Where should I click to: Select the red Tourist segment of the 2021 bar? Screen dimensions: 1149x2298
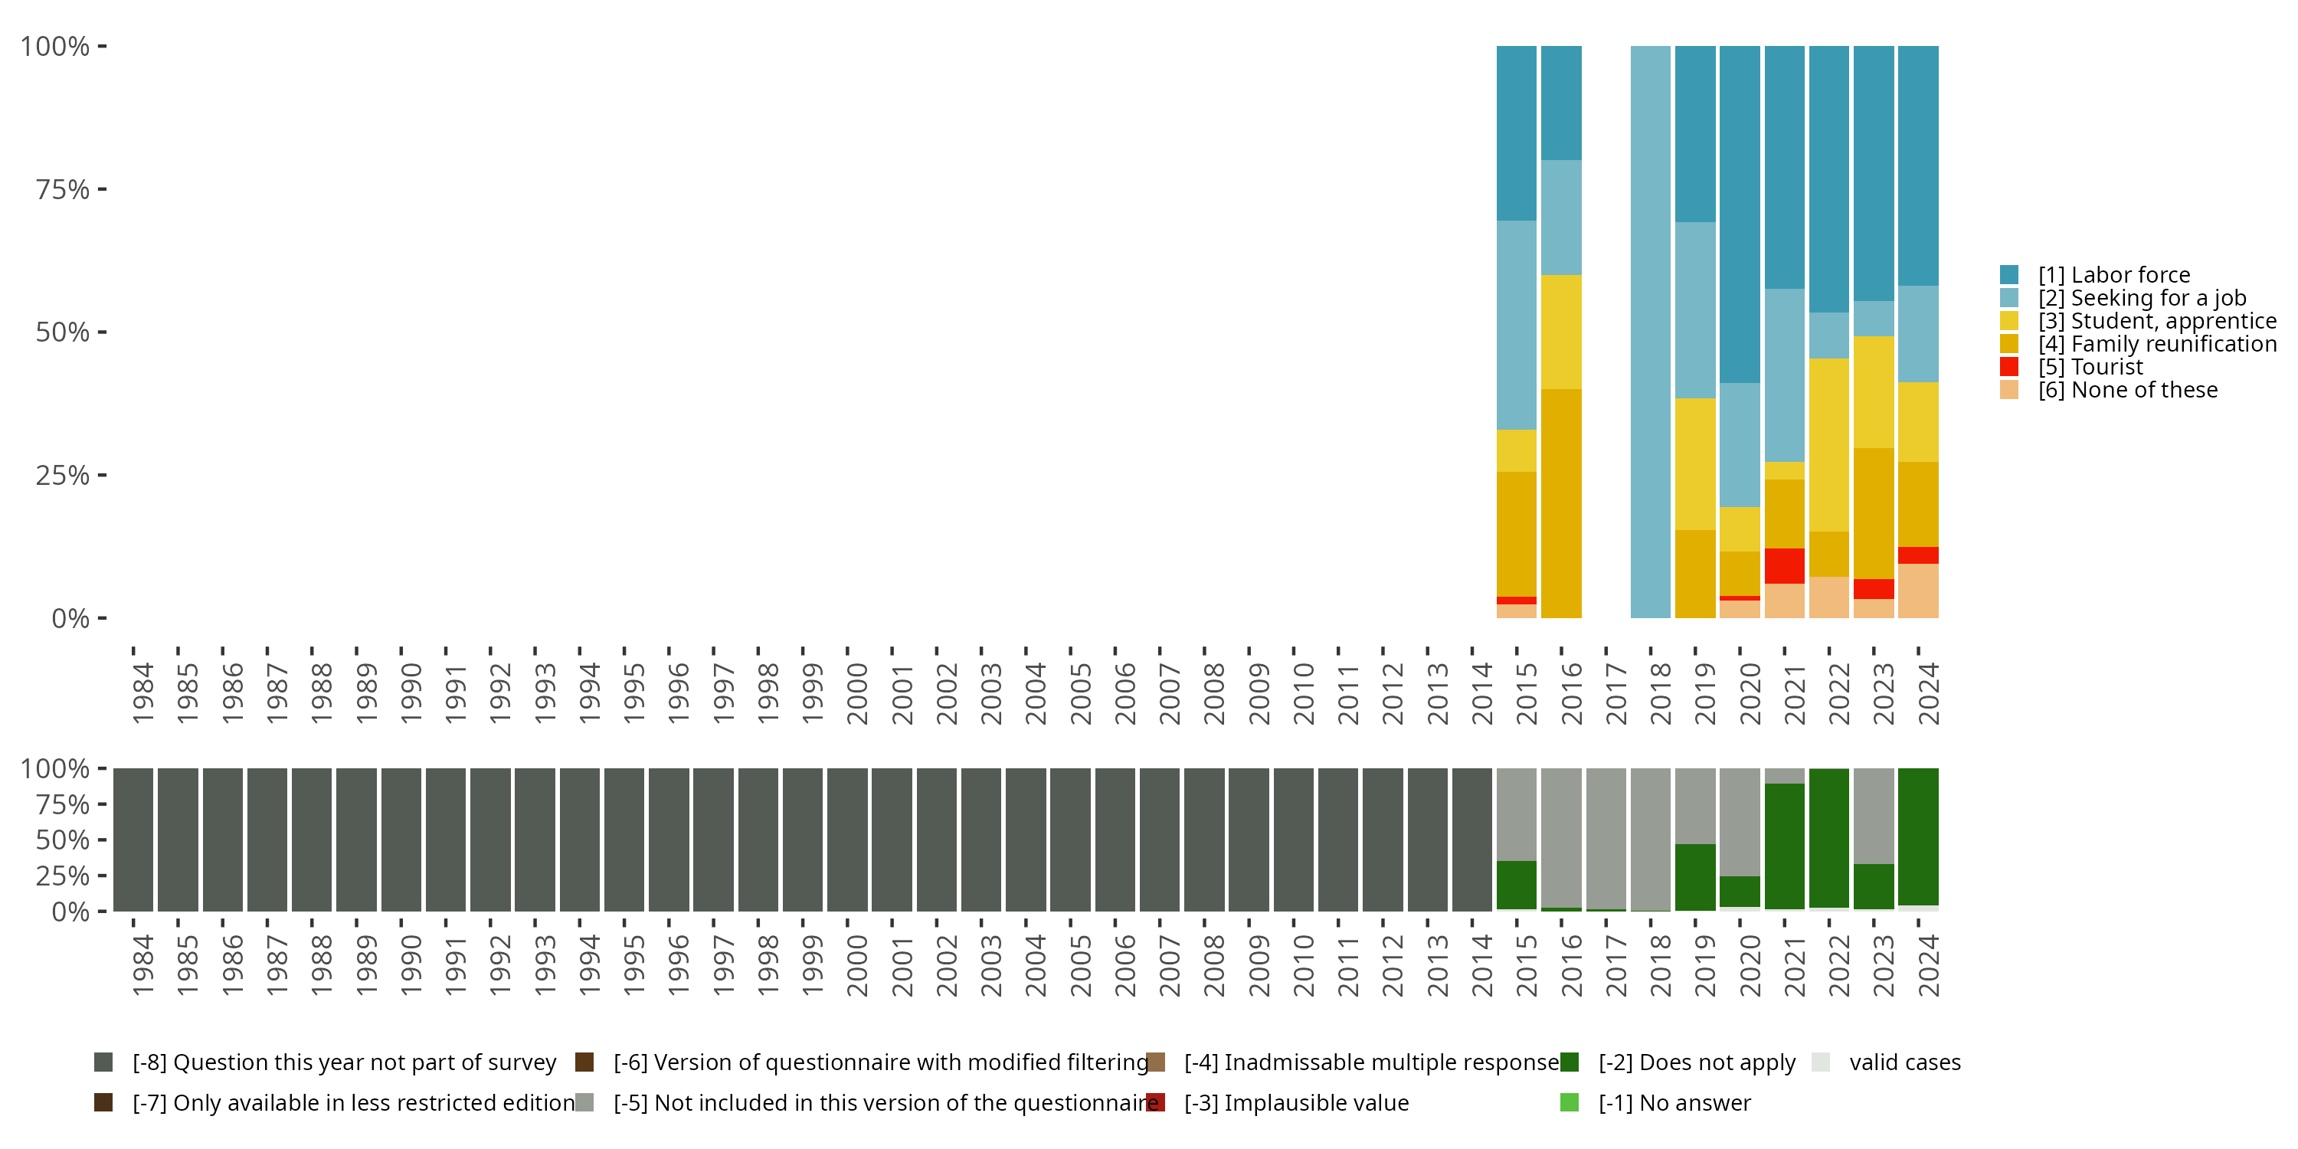pyautogui.click(x=1784, y=565)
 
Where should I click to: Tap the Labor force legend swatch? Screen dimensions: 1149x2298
pyautogui.click(x=2009, y=275)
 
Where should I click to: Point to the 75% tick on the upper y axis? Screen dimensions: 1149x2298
pyautogui.click(x=102, y=189)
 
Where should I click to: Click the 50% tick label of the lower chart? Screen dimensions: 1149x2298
pyautogui.click(x=63, y=840)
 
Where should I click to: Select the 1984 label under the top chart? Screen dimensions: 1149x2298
pyautogui.click(x=142, y=693)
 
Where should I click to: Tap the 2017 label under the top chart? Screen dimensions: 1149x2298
pyautogui.click(x=1615, y=693)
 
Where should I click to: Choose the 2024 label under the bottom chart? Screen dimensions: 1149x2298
pyautogui.click(x=1928, y=965)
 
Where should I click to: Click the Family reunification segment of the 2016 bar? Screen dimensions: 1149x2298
pyautogui.click(x=1561, y=503)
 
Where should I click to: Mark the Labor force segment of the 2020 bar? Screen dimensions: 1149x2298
pyautogui.click(x=1740, y=214)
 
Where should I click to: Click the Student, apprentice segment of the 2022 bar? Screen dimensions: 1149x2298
pyautogui.click(x=1828, y=444)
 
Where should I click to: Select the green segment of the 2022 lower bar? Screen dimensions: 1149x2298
pyautogui.click(x=1828, y=838)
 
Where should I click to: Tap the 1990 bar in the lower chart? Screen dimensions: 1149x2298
pyautogui.click(x=401, y=840)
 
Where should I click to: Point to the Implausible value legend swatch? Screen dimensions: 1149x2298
pyautogui.click(x=1155, y=1102)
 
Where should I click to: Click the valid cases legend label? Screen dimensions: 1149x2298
pyautogui.click(x=1904, y=1062)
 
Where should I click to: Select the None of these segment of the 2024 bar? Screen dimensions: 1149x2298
pyautogui.click(x=1918, y=591)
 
